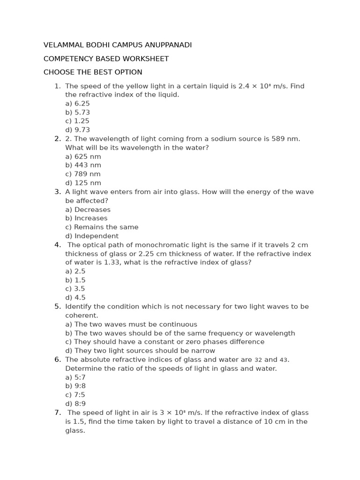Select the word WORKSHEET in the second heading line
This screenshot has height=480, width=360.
tap(147, 59)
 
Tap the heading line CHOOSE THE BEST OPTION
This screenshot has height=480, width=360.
tap(93, 72)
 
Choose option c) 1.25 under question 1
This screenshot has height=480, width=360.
tap(77, 121)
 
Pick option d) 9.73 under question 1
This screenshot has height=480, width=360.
tap(77, 130)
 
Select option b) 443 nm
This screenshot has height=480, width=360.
tap(83, 165)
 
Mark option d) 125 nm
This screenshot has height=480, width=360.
tap(83, 183)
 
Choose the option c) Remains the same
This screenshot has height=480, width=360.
tap(102, 227)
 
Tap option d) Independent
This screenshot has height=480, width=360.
tap(92, 236)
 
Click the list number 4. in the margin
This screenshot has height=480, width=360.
tap(58, 245)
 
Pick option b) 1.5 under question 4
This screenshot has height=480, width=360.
tap(75, 280)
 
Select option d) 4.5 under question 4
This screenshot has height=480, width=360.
tap(75, 298)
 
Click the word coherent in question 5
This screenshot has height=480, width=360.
tap(81, 315)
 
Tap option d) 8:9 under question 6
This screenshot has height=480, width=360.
tap(75, 404)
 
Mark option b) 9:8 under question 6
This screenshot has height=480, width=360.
tap(75, 386)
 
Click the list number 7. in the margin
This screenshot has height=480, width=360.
tap(58, 412)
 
